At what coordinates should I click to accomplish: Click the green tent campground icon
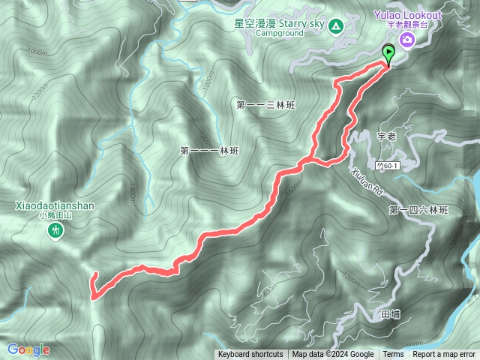337,28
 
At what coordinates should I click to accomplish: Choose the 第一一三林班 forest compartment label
266,106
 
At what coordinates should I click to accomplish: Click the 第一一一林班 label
209,151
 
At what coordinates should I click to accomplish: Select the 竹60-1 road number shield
385,165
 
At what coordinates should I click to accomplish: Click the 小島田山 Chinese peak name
55,215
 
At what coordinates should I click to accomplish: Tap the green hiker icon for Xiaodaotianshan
55,232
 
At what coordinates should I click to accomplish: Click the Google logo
28,349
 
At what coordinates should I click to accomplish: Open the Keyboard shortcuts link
250,355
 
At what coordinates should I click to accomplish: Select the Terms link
393,355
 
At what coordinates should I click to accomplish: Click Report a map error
444,355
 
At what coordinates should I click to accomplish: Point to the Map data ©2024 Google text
333,355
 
